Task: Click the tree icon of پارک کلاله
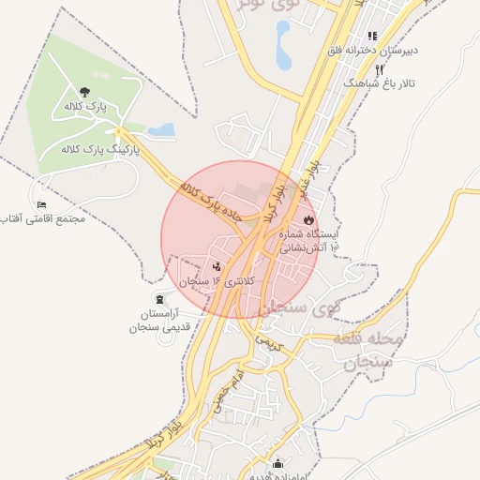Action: point(85,92)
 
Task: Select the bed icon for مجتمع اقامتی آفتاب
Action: point(41,204)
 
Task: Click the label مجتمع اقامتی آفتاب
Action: point(46,218)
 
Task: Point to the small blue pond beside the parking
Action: point(162,129)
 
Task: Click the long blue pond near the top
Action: point(283,45)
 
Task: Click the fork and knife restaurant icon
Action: point(380,69)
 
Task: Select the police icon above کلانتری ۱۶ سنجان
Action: point(217,266)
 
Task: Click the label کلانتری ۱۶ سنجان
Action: point(204,281)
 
